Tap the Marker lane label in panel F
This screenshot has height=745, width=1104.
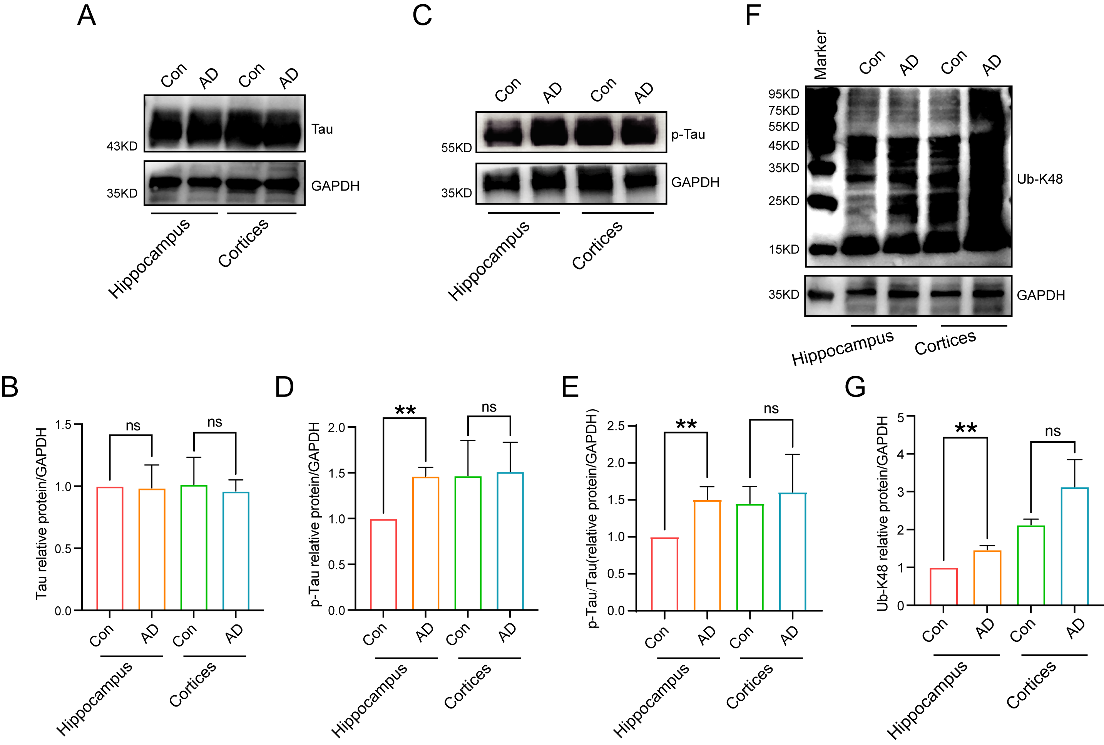tap(820, 55)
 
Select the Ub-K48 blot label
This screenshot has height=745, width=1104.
tap(1039, 179)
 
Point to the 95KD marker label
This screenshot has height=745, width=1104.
tap(784, 94)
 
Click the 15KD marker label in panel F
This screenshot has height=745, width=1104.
tap(784, 249)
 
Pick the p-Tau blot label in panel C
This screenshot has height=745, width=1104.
tap(688, 134)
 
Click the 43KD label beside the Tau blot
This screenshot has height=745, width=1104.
tap(122, 146)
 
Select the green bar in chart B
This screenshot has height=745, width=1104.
tap(194, 547)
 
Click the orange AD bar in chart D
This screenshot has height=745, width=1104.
tap(426, 543)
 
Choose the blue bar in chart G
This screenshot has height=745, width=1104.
tap(1074, 546)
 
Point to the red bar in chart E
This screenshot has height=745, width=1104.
tap(664, 574)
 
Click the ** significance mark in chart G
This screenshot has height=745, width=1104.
tap(966, 429)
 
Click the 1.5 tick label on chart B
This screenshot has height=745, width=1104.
tap(63, 425)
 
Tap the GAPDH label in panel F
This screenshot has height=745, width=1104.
tap(1040, 296)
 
